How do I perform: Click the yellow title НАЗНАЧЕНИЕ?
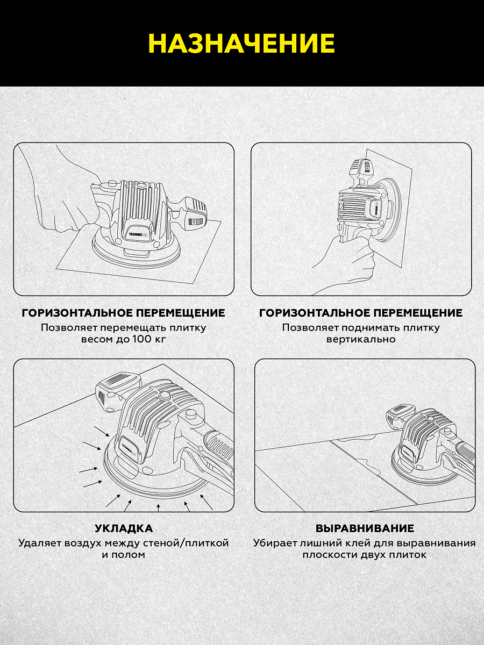[x=241, y=43]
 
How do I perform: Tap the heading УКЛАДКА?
[x=124, y=528]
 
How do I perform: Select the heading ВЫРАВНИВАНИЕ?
[x=365, y=528]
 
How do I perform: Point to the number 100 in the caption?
[x=142, y=339]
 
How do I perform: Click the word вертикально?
[x=361, y=339]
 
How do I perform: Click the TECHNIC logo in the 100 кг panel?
[x=140, y=234]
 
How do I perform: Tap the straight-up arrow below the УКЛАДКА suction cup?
[x=159, y=507]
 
